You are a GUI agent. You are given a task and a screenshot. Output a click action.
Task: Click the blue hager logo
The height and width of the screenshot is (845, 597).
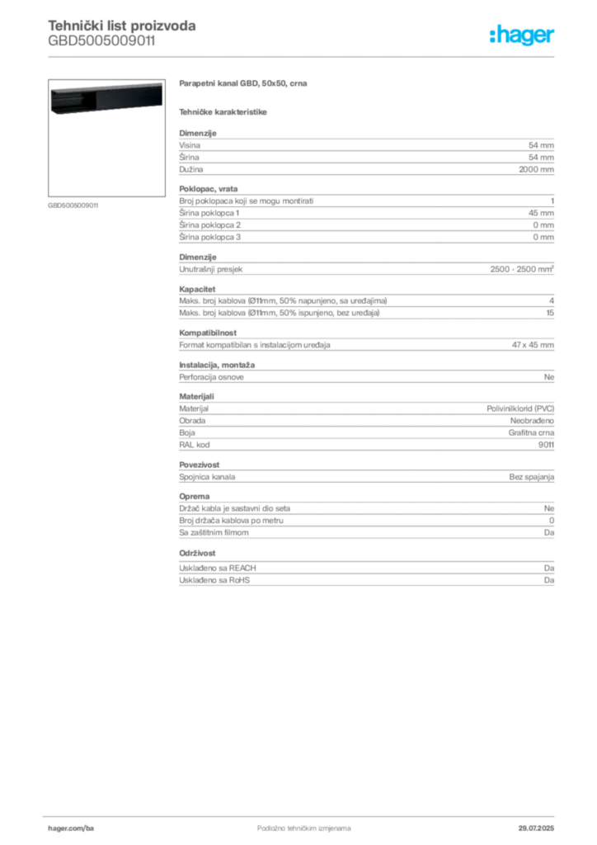[524, 35]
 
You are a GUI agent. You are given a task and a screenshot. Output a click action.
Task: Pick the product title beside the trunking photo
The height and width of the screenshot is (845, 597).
[244, 85]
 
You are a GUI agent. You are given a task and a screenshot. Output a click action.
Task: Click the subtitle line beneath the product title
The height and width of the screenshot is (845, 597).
[224, 111]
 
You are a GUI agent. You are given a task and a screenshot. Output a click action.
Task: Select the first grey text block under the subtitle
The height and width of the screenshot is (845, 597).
[365, 153]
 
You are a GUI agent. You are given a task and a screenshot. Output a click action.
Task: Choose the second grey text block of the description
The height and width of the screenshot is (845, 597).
[365, 216]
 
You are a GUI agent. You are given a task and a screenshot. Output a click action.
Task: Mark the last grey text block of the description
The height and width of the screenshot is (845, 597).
[365, 569]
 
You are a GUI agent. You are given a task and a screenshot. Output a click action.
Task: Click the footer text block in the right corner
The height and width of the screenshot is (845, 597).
[541, 823]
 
